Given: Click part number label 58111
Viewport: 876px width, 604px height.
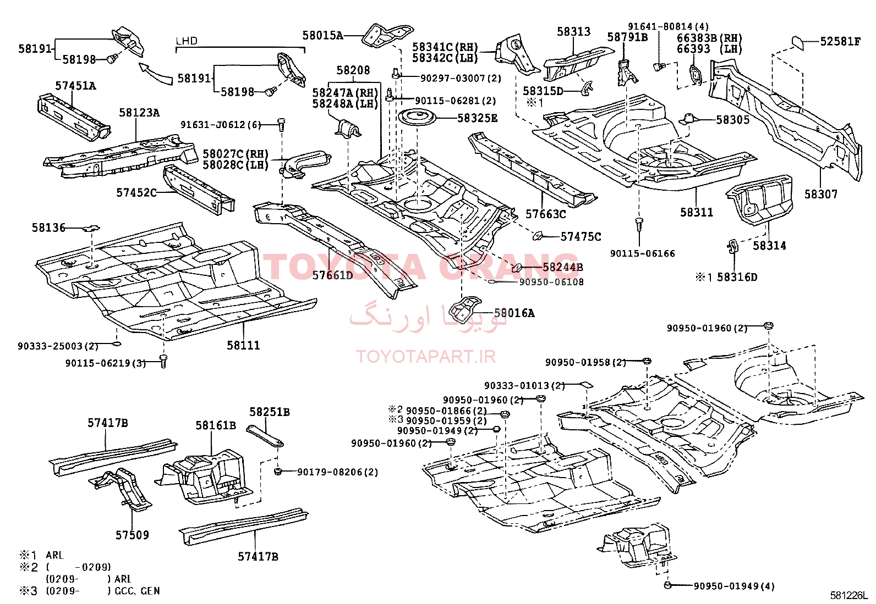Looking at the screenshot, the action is click(x=243, y=345).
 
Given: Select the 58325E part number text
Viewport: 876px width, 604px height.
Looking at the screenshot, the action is click(x=477, y=118).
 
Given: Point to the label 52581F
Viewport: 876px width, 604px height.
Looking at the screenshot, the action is click(x=840, y=41).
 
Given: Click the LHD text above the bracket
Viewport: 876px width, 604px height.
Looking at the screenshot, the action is click(x=187, y=41).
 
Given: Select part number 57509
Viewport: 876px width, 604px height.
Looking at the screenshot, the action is click(x=132, y=535).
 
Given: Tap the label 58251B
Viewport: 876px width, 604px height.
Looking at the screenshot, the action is click(x=270, y=412).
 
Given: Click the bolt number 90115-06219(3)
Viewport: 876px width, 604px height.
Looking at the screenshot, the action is click(x=105, y=363).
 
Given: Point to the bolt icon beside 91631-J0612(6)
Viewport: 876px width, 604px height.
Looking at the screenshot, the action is click(x=281, y=125).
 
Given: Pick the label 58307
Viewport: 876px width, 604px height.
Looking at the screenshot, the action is click(x=821, y=194).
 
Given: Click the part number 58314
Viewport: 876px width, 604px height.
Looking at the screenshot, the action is click(x=769, y=246).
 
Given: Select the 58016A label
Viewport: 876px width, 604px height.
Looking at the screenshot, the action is click(x=514, y=313).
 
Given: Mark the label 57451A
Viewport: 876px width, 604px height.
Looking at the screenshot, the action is click(x=75, y=86).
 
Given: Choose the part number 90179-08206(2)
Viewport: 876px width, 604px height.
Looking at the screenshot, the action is click(x=337, y=472).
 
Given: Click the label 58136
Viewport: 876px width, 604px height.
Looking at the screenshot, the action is click(x=48, y=228).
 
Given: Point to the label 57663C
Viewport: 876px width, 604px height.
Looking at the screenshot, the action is click(x=545, y=214).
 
